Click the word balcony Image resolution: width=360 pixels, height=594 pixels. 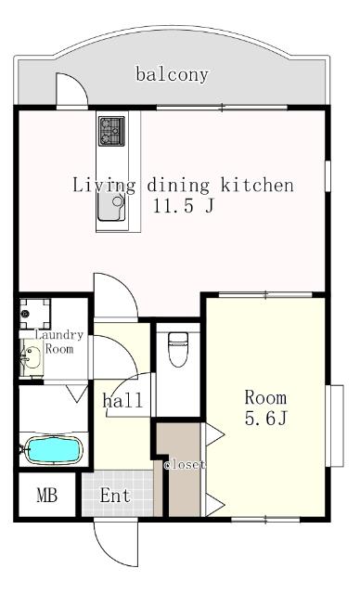click(173, 74)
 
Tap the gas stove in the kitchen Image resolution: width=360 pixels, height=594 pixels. click(111, 131)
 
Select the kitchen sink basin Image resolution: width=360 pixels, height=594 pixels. click(111, 207)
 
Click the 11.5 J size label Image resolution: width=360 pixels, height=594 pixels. click(184, 206)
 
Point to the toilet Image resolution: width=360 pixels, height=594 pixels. click(178, 349)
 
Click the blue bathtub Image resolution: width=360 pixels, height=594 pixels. click(54, 449)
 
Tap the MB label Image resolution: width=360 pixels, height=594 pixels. click(47, 495)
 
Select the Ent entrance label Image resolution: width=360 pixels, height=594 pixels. click(115, 495)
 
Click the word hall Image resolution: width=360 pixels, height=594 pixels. click(122, 400)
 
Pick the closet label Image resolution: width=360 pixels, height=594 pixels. click(185, 465)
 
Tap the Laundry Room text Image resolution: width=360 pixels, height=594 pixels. click(59, 342)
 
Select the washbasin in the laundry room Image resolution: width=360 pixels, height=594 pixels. click(32, 357)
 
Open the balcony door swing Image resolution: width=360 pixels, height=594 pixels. click(72, 90)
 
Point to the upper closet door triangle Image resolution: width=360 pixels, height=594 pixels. click(214, 434)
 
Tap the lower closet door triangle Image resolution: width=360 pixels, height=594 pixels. click(214, 504)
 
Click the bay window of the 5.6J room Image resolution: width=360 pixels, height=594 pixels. click(335, 426)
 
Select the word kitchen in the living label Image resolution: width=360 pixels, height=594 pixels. click(257, 186)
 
